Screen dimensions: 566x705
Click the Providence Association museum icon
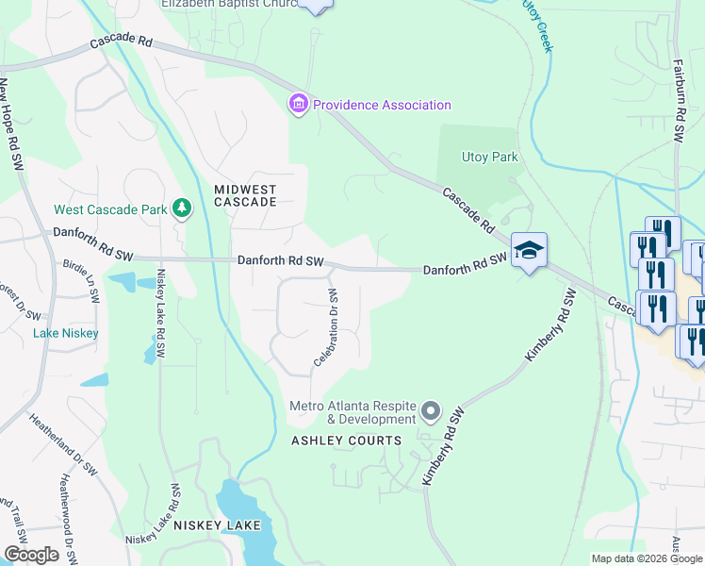[x=299, y=105]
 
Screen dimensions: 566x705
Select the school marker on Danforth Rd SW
[x=530, y=250]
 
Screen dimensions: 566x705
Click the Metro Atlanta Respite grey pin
[x=432, y=410]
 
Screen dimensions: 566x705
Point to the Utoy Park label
[x=490, y=157]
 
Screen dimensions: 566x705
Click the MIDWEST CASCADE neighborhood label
[x=245, y=195]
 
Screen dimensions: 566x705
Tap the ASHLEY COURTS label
[x=346, y=441]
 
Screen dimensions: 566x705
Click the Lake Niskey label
[x=58, y=333]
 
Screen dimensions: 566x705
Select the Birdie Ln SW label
[x=79, y=281]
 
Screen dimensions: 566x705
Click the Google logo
[x=31, y=554]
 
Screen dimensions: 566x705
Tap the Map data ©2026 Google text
[x=646, y=558]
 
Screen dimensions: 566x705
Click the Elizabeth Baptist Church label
[x=230, y=4]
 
